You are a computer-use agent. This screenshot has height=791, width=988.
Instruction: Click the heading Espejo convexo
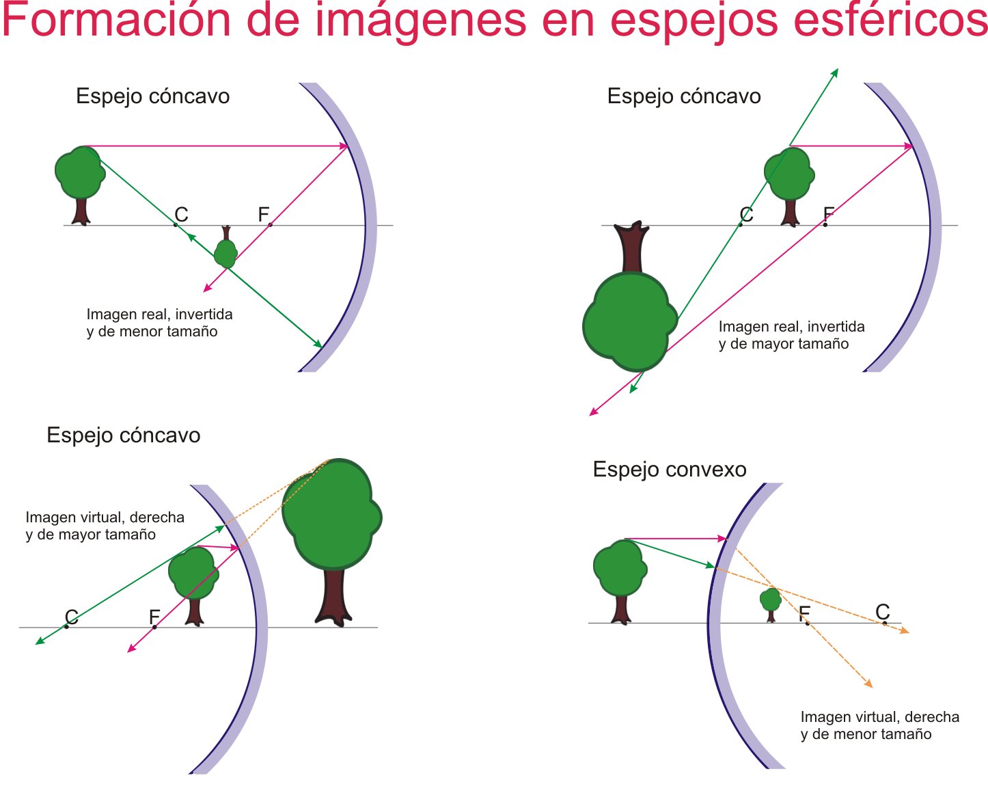tap(669, 470)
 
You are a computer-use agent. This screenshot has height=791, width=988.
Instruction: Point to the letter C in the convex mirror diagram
tap(882, 611)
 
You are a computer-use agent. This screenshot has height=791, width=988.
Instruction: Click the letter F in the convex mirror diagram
tap(804, 613)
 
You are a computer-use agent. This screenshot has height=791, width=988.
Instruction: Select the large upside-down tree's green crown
tap(627, 321)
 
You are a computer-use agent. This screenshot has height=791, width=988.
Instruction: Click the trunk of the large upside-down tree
tap(631, 247)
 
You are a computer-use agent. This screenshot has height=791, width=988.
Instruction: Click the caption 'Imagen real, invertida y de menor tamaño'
tap(159, 323)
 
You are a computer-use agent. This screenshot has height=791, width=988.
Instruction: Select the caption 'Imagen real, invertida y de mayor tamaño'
tap(791, 335)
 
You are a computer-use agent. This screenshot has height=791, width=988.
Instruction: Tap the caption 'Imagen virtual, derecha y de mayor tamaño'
tap(105, 526)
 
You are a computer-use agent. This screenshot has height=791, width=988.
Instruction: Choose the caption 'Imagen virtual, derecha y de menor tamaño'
tap(879, 725)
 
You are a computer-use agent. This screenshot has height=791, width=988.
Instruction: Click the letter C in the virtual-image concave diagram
tap(71, 617)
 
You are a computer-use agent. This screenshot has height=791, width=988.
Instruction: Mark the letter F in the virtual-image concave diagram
tap(154, 617)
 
